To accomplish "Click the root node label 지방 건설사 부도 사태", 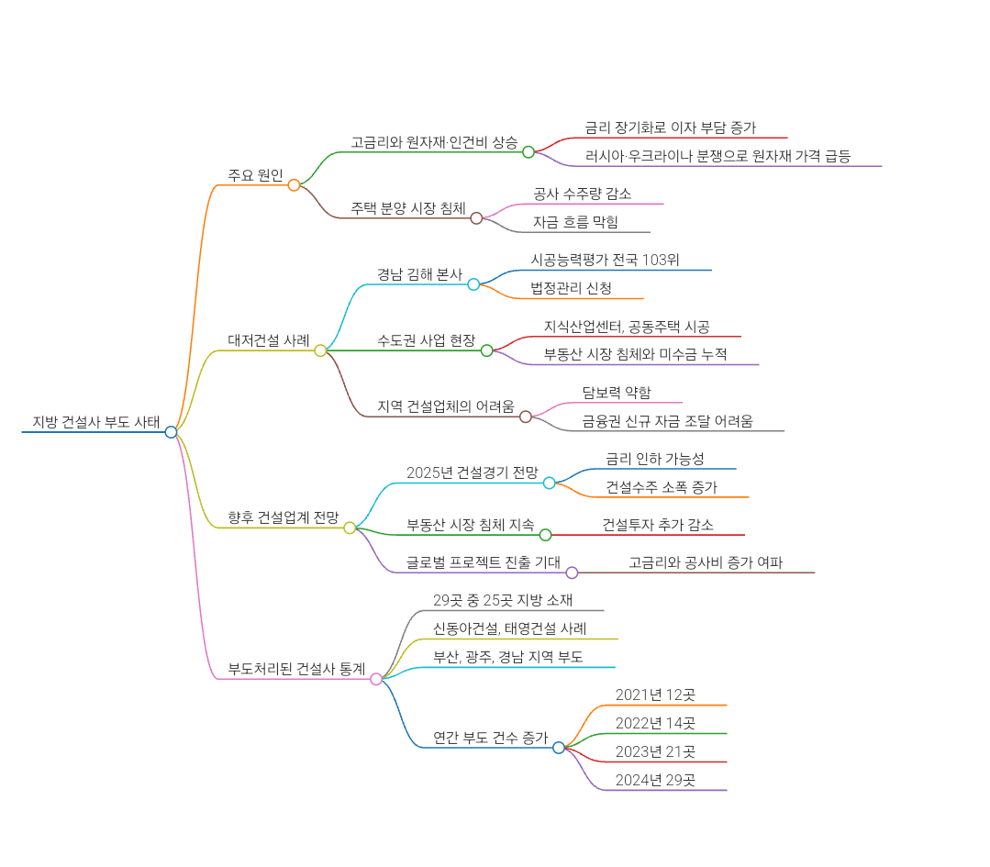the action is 95,421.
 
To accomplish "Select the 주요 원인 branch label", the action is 256,175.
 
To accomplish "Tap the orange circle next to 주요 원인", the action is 294,185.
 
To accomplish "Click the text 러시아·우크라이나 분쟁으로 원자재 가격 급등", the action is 717,156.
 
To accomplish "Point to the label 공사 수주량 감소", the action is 582,194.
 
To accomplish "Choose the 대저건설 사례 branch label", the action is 269,339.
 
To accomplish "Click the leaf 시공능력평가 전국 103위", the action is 606,260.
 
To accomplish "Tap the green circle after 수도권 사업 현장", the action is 487,350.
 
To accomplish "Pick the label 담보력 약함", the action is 617,393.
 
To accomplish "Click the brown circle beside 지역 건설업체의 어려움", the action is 526,417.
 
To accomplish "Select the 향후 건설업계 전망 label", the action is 283,517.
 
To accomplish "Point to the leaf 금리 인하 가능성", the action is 655,459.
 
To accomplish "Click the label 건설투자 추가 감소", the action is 658,525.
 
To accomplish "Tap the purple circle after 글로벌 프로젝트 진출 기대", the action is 572,572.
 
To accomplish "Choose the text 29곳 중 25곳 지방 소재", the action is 503,600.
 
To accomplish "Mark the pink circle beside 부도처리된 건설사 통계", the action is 376,679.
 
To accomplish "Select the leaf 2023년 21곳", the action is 655,751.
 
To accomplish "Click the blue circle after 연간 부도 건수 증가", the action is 559,748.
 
